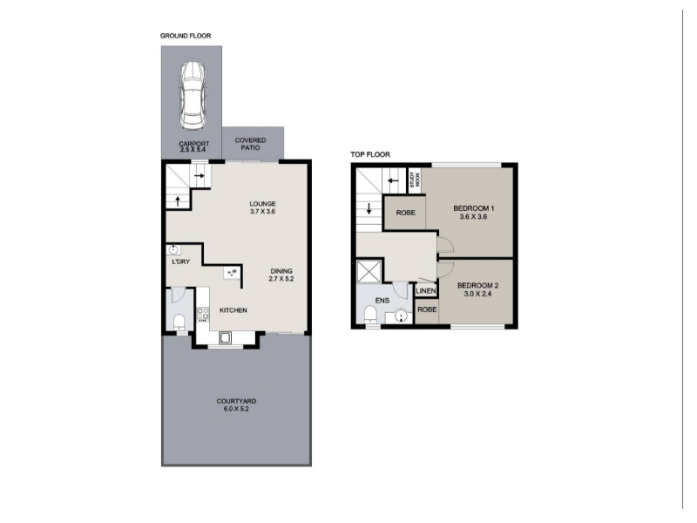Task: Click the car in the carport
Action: tap(193, 95)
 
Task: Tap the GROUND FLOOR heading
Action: tap(186, 36)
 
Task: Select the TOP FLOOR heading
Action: tap(370, 155)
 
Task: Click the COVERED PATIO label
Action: tap(250, 144)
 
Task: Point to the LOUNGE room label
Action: tap(263, 204)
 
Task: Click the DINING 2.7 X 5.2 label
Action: tap(281, 275)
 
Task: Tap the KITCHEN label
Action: tap(233, 310)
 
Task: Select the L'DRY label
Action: tap(181, 262)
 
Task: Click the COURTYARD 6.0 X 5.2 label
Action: tap(236, 404)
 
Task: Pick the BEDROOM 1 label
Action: tap(474, 208)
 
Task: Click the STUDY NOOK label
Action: tap(415, 180)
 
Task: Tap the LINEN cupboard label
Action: tap(426, 291)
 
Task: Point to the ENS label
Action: tap(382, 301)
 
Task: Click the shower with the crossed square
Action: tap(369, 271)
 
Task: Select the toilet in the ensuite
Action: tap(369, 316)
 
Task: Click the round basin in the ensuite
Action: tap(401, 316)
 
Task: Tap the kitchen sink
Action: tap(225, 338)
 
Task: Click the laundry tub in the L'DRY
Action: tap(173, 249)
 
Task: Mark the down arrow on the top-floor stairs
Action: tap(369, 209)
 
